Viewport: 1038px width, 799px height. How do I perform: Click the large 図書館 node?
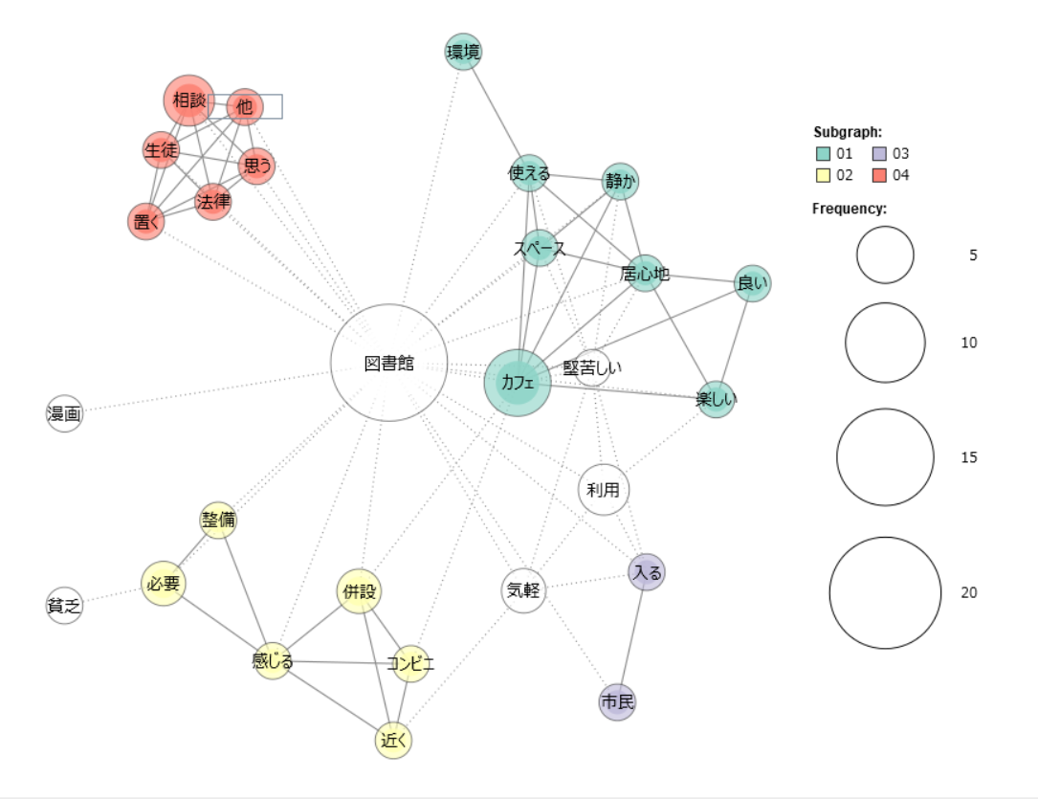tap(388, 363)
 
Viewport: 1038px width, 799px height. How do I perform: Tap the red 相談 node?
tap(189, 100)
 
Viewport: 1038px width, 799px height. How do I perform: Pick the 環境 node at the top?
tap(463, 51)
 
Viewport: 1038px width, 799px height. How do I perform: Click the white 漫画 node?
tap(65, 413)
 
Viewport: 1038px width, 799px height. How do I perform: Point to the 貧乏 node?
tap(64, 605)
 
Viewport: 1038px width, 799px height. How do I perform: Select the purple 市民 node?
tap(617, 702)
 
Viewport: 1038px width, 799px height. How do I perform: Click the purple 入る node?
tap(647, 572)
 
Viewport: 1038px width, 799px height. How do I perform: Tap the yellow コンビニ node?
tap(410, 663)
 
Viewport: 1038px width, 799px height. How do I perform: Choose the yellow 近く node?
tap(393, 740)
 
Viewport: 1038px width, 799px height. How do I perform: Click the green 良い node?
tap(752, 283)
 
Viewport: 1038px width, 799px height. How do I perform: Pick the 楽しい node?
tap(716, 399)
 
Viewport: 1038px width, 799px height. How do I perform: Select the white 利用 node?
tap(604, 490)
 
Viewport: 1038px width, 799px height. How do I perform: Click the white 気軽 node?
tap(523, 590)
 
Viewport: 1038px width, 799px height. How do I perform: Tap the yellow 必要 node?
tap(163, 583)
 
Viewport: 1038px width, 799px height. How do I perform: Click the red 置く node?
tap(146, 221)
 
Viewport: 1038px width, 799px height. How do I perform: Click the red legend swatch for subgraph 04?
tap(878, 175)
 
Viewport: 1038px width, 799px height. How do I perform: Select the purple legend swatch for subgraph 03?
tap(878, 153)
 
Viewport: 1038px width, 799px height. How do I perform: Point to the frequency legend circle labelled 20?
tap(885, 592)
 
